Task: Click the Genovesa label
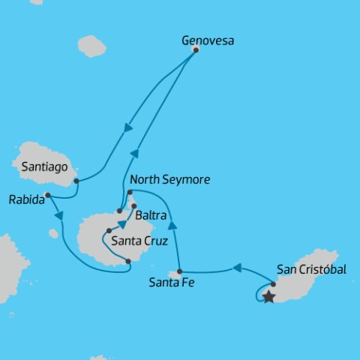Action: click(208, 41)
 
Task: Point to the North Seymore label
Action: click(169, 181)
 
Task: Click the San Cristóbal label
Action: click(311, 268)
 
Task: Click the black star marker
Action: click(268, 297)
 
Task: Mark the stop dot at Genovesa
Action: click(196, 50)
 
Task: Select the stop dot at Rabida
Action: click(47, 196)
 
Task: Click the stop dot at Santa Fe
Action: click(180, 271)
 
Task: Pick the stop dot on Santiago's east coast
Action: click(76, 181)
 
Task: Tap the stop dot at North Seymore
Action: click(130, 192)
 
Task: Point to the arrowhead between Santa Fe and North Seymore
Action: click(172, 225)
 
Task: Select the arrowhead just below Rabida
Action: click(57, 217)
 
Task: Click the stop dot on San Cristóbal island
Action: click(274, 283)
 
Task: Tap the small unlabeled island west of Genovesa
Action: click(91, 46)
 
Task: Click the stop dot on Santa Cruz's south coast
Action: click(128, 261)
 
